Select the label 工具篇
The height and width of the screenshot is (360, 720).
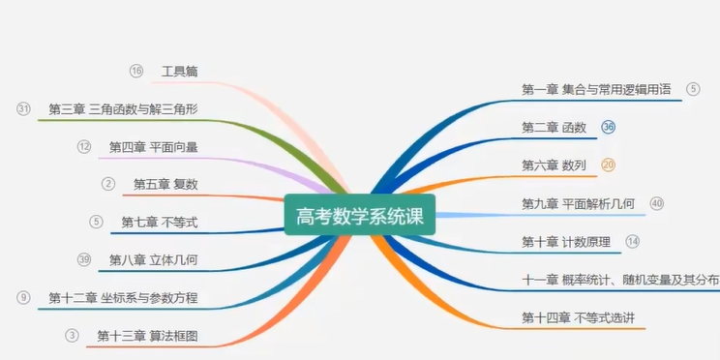coord(180,72)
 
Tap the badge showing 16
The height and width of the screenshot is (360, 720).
coord(136,71)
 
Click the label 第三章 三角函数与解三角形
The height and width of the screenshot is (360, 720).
coord(123,109)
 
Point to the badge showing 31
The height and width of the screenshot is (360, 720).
coord(24,108)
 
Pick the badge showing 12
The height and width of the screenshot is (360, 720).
coord(84,146)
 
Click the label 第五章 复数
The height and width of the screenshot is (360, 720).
coord(159,184)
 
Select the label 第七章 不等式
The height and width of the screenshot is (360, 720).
coord(160,222)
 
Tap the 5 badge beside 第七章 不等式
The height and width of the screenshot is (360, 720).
coord(96,222)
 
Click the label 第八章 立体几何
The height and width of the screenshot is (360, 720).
coord(153,259)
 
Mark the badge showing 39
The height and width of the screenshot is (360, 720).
coord(84,259)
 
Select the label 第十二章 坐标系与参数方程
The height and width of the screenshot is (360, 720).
coord(123,297)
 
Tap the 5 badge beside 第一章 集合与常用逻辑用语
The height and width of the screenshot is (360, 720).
coord(693,89)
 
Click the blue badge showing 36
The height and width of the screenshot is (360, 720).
coord(609,127)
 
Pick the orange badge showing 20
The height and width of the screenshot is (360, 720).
coord(608,165)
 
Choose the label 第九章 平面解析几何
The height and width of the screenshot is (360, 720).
coord(578,203)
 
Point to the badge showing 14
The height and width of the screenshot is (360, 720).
coord(633,241)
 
